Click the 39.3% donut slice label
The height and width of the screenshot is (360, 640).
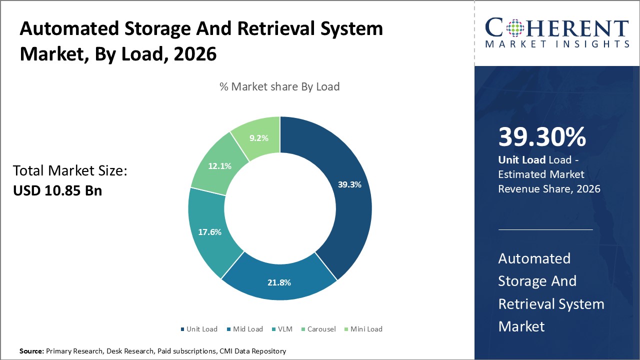[x=349, y=184]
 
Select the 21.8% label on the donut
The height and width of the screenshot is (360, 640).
[x=279, y=282]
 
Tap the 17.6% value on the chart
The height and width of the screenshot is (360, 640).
[x=209, y=232]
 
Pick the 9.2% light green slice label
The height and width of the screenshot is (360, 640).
[x=259, y=138]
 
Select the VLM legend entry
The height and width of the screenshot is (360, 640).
[x=284, y=329]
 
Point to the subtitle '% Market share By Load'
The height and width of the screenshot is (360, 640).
[x=279, y=86]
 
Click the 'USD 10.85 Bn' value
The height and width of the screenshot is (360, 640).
[x=57, y=190]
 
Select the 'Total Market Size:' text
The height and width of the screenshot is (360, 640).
[x=70, y=171]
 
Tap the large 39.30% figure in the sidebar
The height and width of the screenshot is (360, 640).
[x=542, y=137]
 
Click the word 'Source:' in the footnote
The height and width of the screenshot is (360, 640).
[x=31, y=351]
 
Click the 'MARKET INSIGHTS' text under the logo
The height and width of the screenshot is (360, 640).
[x=557, y=44]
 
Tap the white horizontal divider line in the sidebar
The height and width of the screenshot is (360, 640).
[x=545, y=229]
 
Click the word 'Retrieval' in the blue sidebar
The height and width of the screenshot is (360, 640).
[x=527, y=304]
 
